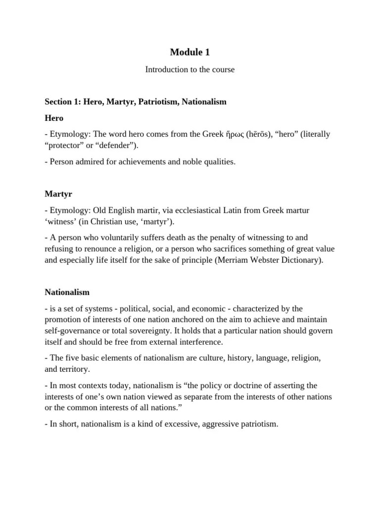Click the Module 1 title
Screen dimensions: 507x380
tap(190, 51)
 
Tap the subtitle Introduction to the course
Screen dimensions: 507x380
tap(190, 70)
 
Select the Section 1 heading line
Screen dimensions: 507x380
tap(135, 101)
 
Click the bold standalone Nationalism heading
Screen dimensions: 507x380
tap(67, 292)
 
